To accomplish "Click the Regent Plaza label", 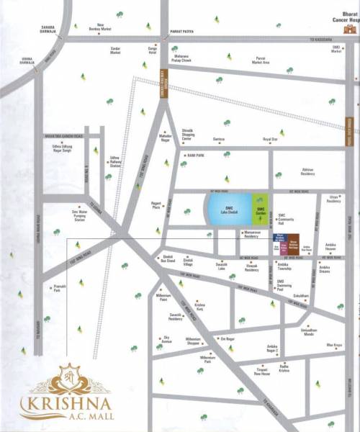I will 158,205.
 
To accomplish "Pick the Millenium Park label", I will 208,358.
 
